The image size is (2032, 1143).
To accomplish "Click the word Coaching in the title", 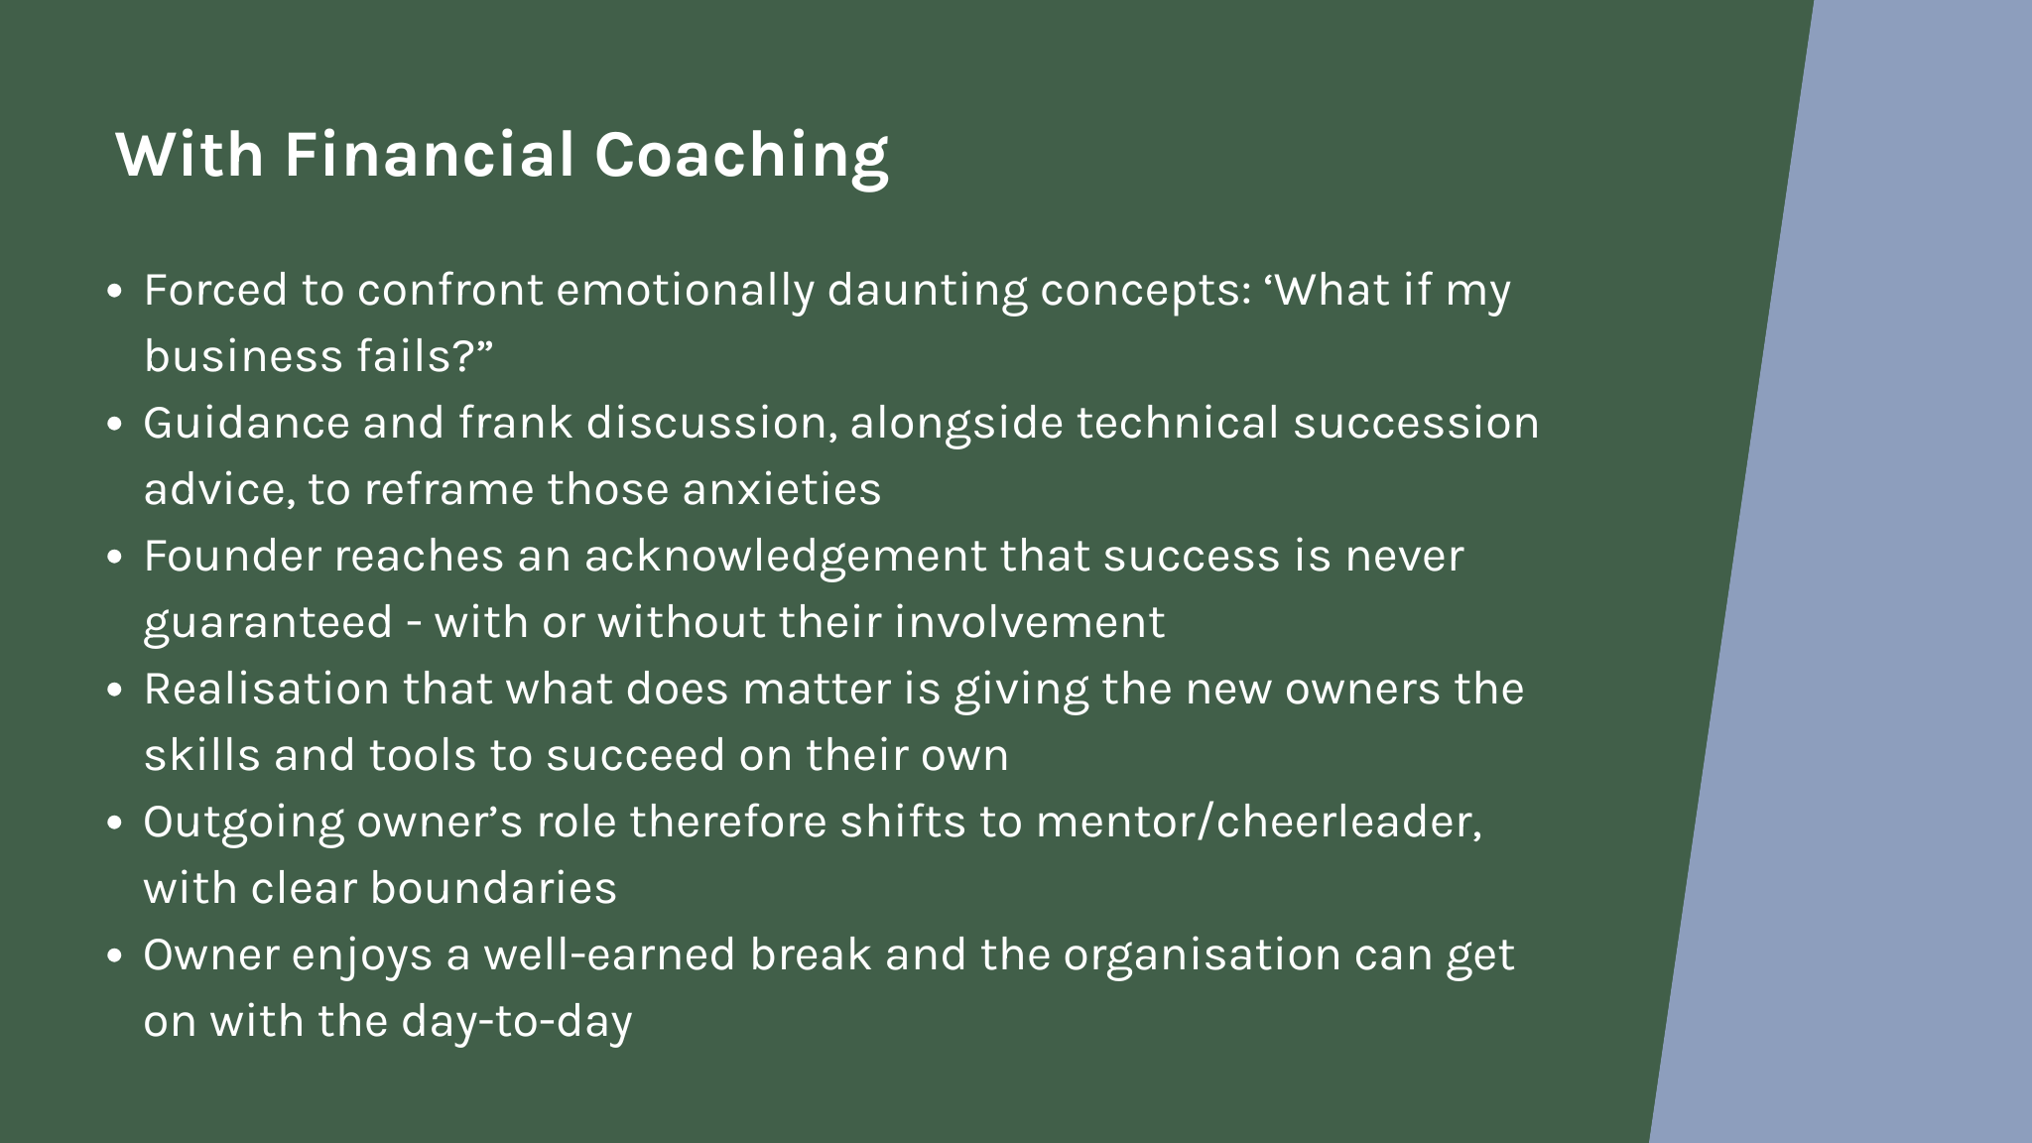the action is (x=741, y=157).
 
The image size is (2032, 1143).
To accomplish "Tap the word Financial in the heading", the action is (x=430, y=155).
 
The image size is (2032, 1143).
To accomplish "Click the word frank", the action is (x=516, y=423).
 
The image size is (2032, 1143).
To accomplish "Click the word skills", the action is (x=202, y=755).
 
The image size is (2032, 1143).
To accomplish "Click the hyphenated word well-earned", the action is (x=609, y=954).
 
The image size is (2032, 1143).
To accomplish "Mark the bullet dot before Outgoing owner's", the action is (x=115, y=824).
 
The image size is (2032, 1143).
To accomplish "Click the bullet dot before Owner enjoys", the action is (x=115, y=956).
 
